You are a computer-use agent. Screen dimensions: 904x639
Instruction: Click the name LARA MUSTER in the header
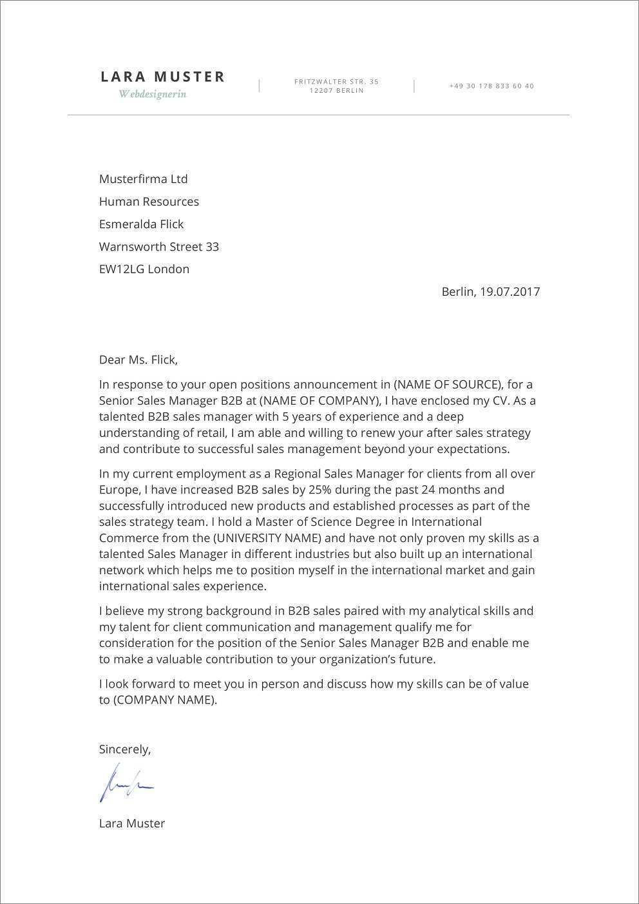[163, 77]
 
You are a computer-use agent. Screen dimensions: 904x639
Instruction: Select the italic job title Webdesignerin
[152, 94]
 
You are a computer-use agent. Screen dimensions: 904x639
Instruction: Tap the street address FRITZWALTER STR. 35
[336, 82]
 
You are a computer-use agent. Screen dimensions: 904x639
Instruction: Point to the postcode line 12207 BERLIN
[336, 91]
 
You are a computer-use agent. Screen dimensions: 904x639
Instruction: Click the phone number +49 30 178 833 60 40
[491, 86]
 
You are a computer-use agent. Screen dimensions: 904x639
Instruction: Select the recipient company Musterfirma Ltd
[143, 179]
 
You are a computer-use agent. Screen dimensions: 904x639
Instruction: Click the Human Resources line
[149, 202]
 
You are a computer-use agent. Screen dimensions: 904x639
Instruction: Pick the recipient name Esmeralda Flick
[141, 224]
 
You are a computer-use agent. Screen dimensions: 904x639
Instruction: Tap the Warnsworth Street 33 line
[158, 247]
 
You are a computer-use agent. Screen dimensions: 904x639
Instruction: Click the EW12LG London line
[144, 269]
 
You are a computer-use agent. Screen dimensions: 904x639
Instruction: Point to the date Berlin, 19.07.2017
[490, 291]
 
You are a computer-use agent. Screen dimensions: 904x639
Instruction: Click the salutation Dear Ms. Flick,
[138, 360]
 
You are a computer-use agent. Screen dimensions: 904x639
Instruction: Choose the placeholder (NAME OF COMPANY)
[318, 401]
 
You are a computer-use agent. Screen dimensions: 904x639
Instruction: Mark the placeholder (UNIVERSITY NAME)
[269, 538]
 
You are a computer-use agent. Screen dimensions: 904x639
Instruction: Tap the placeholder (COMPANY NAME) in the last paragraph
[164, 700]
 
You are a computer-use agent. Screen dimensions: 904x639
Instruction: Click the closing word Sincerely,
[124, 749]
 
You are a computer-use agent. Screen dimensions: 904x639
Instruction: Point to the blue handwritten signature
[125, 783]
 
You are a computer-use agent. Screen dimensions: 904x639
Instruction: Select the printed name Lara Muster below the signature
[131, 823]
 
